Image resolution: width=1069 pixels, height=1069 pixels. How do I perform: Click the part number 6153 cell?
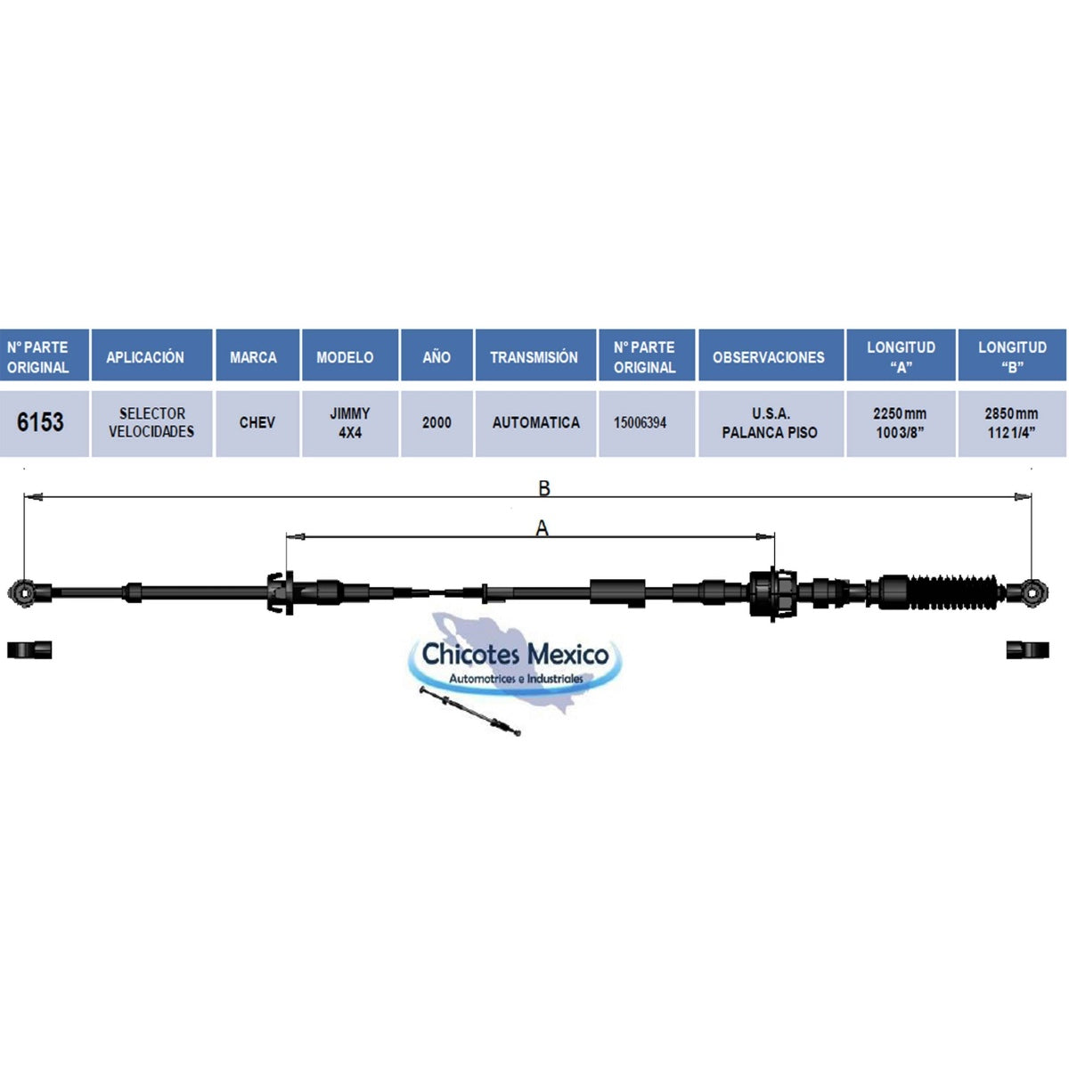pos(44,423)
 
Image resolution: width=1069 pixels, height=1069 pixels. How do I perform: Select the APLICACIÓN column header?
pos(151,355)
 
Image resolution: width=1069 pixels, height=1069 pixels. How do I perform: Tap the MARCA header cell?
pos(257,355)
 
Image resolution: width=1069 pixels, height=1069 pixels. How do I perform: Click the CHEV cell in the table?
pos(257,423)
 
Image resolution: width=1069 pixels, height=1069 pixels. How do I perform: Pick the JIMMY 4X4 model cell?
pos(350,423)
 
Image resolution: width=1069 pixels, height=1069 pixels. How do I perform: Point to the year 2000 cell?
pos(437,423)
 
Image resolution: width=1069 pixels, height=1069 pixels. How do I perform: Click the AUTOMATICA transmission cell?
pos(535,423)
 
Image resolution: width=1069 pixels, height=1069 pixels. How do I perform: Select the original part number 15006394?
pos(646,423)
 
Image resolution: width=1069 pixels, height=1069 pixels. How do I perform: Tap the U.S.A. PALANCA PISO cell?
pos(771,423)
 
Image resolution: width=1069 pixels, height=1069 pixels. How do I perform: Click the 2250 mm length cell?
pos(901,423)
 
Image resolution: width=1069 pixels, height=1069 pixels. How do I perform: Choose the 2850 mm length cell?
pos(1012,423)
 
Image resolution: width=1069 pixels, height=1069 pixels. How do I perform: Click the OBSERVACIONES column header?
pos(771,355)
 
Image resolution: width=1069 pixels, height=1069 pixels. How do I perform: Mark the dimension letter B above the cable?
pos(544,488)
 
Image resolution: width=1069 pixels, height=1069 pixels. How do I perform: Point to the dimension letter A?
pos(542,528)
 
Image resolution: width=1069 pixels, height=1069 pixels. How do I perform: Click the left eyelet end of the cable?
pos(23,593)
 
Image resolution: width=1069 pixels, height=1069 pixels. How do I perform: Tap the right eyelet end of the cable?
pos(1032,593)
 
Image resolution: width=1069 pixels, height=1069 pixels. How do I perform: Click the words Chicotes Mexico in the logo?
pos(515,654)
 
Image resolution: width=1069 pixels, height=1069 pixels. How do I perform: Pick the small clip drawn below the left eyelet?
pos(29,650)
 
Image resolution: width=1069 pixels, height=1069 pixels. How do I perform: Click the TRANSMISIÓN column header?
pos(535,355)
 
